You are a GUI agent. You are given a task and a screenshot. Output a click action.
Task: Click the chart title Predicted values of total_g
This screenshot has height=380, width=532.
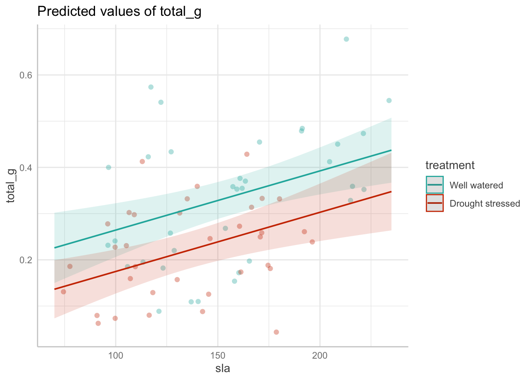(119, 11)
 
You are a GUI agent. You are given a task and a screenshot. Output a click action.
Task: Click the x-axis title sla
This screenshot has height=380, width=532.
(222, 369)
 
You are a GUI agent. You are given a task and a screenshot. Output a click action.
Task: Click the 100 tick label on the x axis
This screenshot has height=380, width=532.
(116, 355)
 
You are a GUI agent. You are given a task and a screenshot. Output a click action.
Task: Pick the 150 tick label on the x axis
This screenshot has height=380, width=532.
(218, 355)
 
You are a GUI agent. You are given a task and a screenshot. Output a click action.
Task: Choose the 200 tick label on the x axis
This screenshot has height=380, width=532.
(320, 355)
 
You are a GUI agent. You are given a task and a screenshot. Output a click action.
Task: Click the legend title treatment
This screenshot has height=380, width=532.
(450, 165)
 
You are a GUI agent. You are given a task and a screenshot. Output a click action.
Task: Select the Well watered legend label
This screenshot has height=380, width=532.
(476, 185)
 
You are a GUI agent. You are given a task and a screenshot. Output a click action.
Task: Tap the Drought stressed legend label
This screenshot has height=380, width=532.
(485, 203)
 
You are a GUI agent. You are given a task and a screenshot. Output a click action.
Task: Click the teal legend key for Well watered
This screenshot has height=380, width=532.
(435, 185)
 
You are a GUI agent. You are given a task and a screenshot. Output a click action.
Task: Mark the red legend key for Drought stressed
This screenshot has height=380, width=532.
(435, 203)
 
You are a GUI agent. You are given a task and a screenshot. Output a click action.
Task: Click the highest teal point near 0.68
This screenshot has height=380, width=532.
(346, 39)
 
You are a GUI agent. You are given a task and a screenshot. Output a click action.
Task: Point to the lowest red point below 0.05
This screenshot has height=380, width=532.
(276, 332)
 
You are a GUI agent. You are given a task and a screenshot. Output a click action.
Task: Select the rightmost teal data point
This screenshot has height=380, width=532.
(389, 101)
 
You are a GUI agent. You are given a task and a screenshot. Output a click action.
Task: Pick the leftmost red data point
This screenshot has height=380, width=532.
(63, 292)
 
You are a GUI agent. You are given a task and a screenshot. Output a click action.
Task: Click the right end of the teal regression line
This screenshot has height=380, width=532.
(391, 150)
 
